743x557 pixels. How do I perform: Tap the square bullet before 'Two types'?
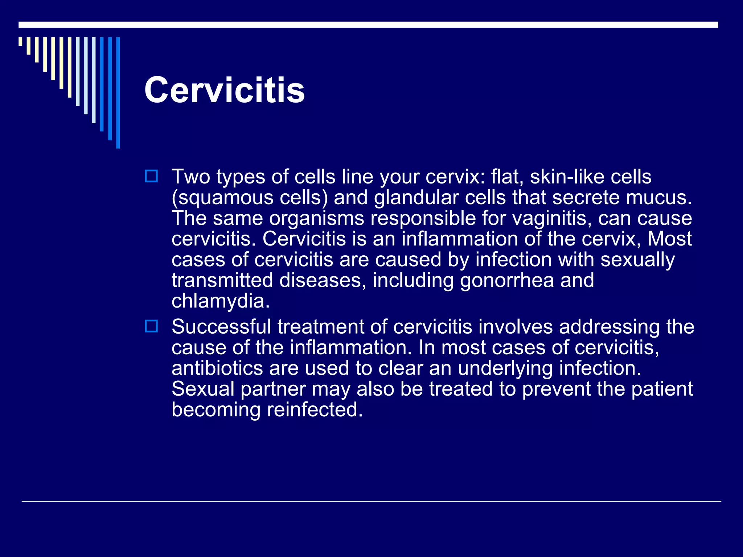151,176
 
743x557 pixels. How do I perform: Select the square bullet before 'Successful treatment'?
151,326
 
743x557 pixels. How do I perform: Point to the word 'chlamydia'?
220,301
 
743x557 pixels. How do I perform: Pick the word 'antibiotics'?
217,368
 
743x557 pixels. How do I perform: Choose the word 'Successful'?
221,327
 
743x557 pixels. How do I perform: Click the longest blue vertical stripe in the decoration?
118,92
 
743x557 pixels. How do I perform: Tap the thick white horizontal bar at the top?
368,25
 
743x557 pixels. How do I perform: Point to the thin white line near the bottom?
371,501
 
